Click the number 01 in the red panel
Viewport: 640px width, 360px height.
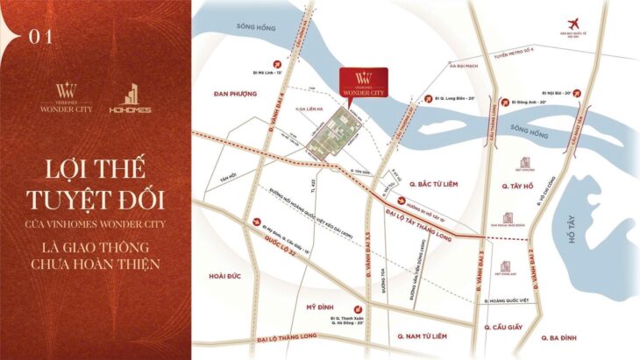pos(41,37)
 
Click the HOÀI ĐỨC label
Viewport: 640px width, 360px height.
pos(226,275)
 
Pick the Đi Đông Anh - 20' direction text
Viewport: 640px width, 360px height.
pos(530,103)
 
